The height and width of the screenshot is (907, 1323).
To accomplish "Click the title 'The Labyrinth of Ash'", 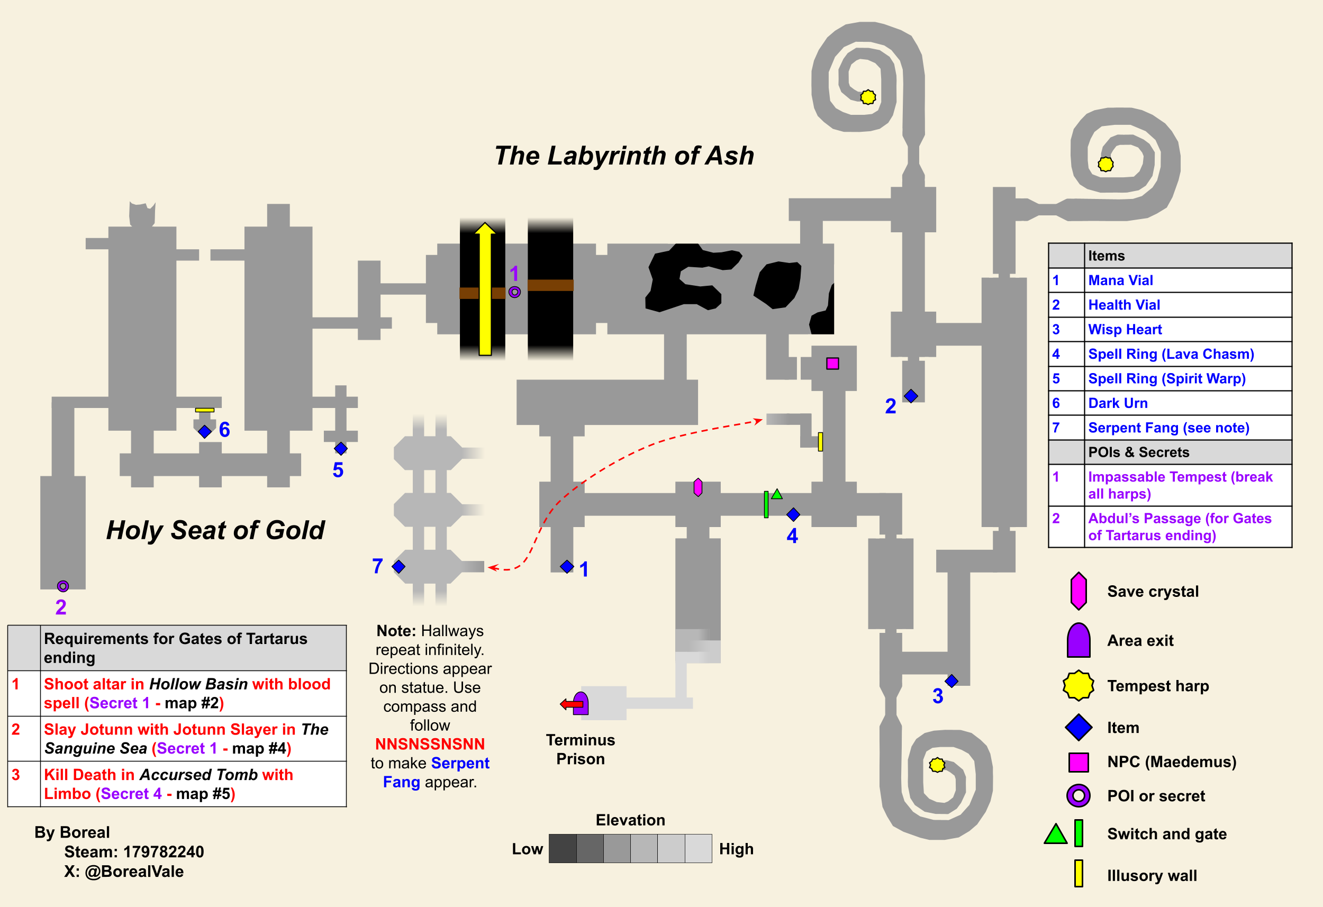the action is coord(624,156).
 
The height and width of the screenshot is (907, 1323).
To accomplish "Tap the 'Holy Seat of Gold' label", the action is coord(215,530).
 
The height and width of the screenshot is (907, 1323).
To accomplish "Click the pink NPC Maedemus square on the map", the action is coord(832,363).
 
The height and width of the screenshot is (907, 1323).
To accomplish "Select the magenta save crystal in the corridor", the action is coord(698,487).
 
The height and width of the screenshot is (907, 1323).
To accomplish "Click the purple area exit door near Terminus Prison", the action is coord(580,703).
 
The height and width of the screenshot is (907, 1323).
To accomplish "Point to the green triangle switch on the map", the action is coord(777,494).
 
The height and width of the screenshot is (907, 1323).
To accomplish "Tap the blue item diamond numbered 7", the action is coord(398,567).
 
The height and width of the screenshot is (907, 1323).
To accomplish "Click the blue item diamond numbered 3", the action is coord(952,681).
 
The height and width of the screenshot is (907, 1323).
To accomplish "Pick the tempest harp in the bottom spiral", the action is coord(937,765).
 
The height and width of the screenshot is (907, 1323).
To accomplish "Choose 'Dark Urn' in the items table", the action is coord(1118,403).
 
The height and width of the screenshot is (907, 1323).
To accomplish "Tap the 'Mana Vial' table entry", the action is coord(1120,280).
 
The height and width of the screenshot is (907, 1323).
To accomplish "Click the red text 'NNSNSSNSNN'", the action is coord(430,744).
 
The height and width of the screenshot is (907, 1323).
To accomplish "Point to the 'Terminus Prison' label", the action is coord(580,749).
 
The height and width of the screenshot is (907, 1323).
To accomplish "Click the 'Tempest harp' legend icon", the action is coord(1078,685).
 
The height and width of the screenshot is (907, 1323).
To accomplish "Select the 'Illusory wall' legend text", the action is coord(1152,876).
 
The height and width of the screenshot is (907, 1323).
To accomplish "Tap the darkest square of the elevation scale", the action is coord(563,848).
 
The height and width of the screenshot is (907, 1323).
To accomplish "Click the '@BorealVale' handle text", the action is coord(134,872).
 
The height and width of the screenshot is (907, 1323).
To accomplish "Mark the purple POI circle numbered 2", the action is coord(62,586).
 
